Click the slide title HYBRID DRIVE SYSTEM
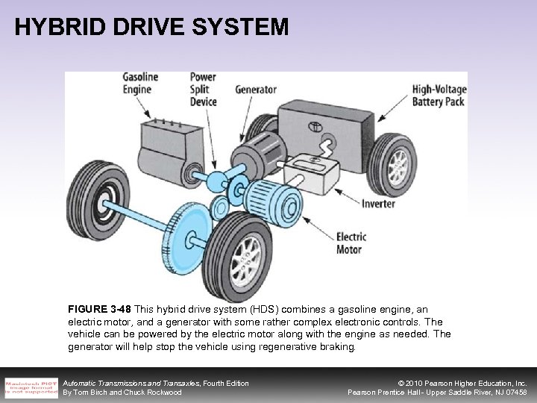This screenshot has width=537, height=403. point(151,27)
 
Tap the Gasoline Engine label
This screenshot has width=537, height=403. point(142,84)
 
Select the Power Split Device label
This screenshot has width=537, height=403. point(204,88)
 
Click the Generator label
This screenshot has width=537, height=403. point(257,89)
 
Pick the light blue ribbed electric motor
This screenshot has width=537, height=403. point(268,202)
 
